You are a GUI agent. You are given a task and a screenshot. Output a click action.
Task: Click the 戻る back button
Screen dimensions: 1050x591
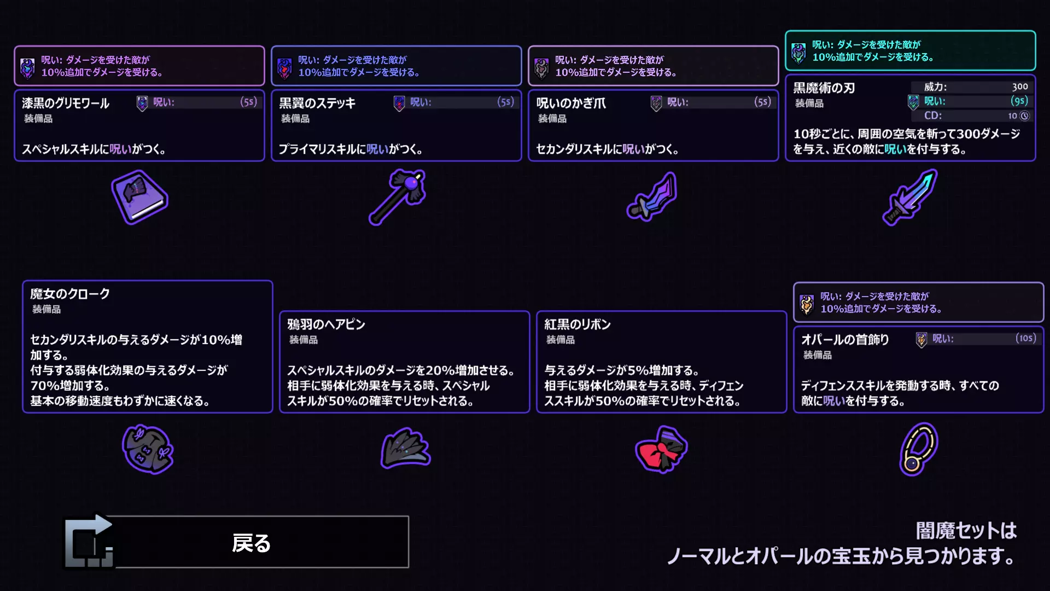[236, 542]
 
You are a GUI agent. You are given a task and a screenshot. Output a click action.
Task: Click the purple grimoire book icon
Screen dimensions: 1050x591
[139, 197]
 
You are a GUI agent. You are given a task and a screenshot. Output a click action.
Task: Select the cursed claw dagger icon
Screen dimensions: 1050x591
[652, 196]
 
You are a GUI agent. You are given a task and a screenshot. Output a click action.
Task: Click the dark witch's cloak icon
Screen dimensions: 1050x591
[148, 449]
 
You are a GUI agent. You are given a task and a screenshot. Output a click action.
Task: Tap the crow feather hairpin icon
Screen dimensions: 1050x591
[405, 448]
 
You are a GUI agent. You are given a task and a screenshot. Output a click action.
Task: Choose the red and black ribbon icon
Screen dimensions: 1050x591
[661, 449]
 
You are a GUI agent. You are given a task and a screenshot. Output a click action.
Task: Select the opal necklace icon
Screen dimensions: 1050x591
[919, 449]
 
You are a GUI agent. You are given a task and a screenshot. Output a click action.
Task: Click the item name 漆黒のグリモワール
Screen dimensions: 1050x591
[66, 103]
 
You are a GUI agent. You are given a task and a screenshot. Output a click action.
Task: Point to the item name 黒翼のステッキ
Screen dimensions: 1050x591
[317, 103]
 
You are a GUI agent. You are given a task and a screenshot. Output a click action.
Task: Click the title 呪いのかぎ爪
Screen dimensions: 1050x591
[571, 103]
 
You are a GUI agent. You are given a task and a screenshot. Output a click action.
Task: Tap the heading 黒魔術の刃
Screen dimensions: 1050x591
[824, 88]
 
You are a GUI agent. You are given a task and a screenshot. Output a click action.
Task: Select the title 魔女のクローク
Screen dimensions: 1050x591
[70, 294]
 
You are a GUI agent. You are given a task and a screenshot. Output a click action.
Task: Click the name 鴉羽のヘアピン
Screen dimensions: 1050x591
[326, 325]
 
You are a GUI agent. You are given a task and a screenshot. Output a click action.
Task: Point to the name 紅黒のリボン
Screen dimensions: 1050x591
[577, 325]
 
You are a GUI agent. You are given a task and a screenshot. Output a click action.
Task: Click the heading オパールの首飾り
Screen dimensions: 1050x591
[845, 340]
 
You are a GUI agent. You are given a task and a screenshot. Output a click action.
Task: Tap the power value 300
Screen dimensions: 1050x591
[1020, 86]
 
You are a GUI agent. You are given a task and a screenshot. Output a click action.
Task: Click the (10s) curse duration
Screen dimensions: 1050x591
[1026, 338]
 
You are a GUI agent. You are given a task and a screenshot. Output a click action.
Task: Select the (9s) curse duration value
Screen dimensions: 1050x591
[1019, 101]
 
